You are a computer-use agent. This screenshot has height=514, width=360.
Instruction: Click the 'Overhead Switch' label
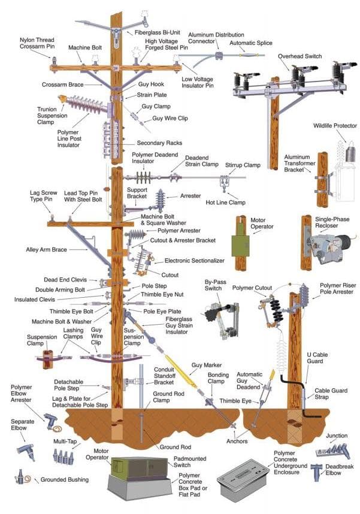300,56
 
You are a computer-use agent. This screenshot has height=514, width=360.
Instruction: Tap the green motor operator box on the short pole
241,246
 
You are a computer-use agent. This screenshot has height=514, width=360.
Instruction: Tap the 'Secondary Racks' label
159,143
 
